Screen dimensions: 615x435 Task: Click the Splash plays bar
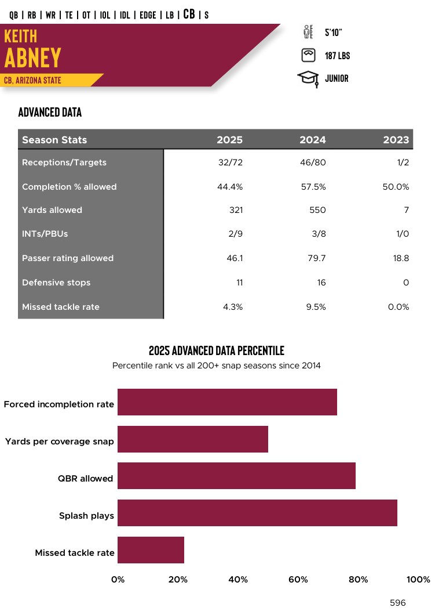point(257,513)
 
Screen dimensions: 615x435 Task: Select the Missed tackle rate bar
point(151,550)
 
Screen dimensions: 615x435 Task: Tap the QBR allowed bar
point(236,476)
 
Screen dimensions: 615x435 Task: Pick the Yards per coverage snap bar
point(193,439)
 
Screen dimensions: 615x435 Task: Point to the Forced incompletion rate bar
point(227,402)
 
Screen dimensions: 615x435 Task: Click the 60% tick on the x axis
point(298,579)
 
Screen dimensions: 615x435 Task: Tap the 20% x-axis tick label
point(178,579)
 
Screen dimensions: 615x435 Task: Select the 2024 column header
point(312,140)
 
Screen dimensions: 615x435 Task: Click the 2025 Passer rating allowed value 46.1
point(235,258)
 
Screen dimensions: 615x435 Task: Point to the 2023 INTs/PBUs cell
point(401,234)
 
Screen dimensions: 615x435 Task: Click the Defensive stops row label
point(56,283)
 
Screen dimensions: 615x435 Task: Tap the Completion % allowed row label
point(69,187)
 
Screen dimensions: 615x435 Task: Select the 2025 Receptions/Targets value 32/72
point(231,162)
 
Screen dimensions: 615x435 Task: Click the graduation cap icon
point(308,78)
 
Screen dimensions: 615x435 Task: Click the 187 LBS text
point(337,56)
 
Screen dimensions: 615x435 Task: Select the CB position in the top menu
point(189,14)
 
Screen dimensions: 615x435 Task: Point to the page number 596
point(398,603)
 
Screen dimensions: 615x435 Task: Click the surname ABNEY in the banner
point(33,57)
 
